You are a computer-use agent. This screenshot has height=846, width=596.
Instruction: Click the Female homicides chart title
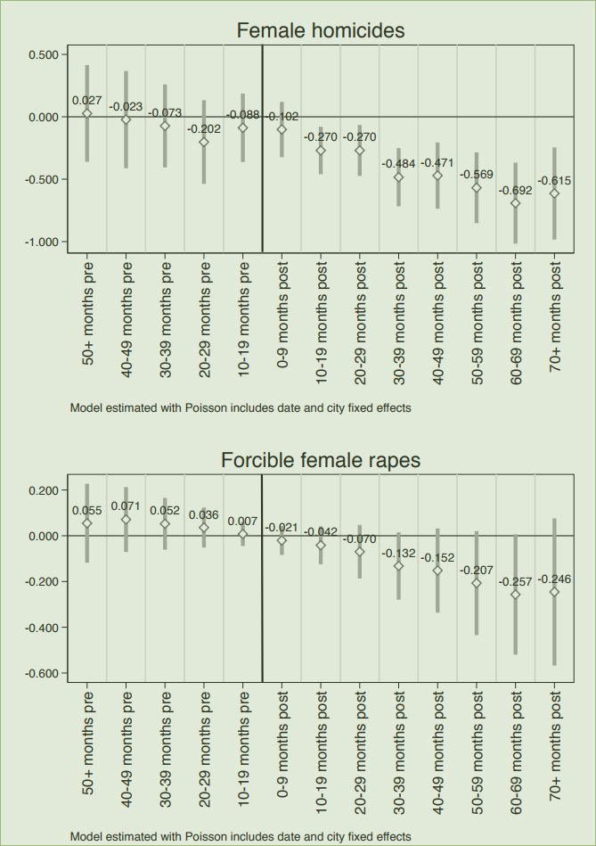tap(320, 31)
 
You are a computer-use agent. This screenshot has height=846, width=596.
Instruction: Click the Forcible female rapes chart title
tap(320, 461)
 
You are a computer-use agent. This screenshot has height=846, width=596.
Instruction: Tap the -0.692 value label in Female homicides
tap(515, 190)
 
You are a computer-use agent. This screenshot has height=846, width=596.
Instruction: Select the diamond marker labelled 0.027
tap(87, 113)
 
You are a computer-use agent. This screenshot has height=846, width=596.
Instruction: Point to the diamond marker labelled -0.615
tap(554, 193)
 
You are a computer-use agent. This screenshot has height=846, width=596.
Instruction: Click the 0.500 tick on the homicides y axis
tap(41, 54)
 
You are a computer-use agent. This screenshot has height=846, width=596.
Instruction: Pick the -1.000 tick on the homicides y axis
tap(39, 242)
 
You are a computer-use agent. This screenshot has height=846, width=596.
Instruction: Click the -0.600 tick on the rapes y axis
tap(39, 673)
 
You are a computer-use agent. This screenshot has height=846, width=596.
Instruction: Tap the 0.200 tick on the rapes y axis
tap(41, 490)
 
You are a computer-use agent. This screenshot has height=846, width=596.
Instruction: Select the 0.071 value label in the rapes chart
tap(126, 505)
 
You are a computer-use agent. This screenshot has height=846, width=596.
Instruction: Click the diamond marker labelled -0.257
tap(515, 594)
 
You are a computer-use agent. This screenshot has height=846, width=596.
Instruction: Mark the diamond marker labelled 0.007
tap(242, 534)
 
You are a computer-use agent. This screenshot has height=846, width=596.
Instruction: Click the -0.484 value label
tap(398, 163)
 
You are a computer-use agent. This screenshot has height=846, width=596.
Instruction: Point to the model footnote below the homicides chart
tap(240, 407)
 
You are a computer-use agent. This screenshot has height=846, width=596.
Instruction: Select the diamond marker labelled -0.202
tap(204, 142)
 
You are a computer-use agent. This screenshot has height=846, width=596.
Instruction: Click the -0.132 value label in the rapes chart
tap(398, 554)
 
